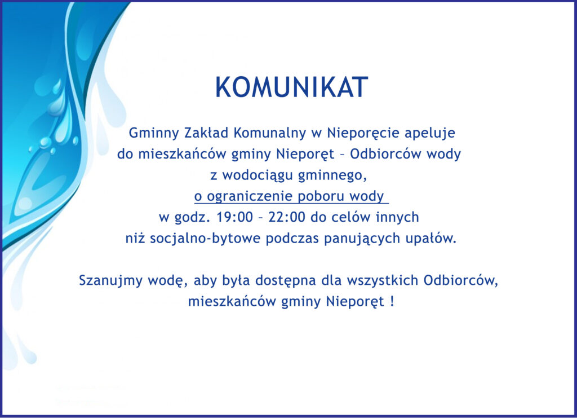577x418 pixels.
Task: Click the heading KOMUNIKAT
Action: coord(291,87)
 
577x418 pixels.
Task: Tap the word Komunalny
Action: coord(270,133)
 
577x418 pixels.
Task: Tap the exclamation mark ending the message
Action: coord(392,302)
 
